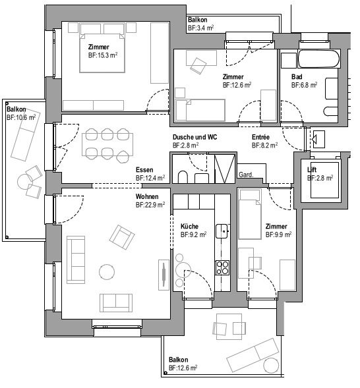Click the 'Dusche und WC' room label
tap(195, 136)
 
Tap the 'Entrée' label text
tap(261, 136)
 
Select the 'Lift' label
tap(311, 170)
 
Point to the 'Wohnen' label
tap(148, 197)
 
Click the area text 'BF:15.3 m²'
tap(102, 55)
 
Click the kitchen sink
tap(224, 231)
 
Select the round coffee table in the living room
tap(106, 271)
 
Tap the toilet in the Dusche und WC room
tap(183, 176)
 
